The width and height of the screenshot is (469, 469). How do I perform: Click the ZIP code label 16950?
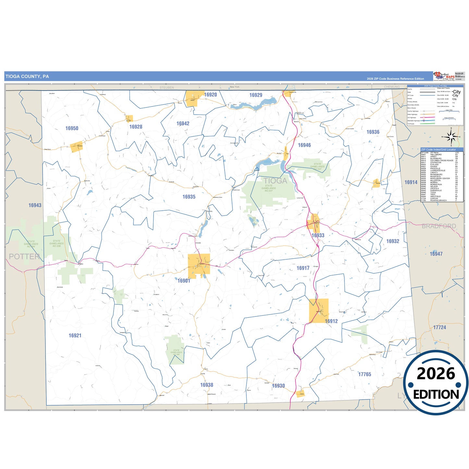coord(72,128)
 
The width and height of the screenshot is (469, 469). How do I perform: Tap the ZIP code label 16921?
coord(75,335)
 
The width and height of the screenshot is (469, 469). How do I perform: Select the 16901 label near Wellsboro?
coord(184,281)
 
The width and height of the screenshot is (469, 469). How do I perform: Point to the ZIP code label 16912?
coord(331,321)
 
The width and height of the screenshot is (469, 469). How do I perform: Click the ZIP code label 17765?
coord(364,374)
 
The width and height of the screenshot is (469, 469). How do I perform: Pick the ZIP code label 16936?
coord(373,132)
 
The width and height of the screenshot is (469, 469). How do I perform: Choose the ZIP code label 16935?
coord(189,197)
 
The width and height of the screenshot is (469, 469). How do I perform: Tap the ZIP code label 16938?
coord(207,385)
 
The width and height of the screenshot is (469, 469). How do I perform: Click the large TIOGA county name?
coord(275,181)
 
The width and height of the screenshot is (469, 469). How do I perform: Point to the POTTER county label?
coord(24,256)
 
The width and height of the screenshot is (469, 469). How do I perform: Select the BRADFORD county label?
coord(439,226)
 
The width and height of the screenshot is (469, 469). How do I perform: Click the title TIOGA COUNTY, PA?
coord(27,77)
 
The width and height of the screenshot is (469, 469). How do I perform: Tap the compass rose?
coord(451,137)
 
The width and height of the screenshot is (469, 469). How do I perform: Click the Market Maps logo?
coord(444,76)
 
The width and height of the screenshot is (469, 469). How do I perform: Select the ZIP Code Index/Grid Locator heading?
coord(438,150)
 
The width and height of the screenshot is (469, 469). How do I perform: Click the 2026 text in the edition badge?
coord(436,374)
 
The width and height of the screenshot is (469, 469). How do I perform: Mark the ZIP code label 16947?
coord(436,254)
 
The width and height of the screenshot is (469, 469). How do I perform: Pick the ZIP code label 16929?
coord(256,95)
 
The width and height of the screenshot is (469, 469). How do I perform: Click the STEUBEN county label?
coord(167,88)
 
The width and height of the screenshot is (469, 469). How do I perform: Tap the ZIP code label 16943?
coord(35,205)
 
